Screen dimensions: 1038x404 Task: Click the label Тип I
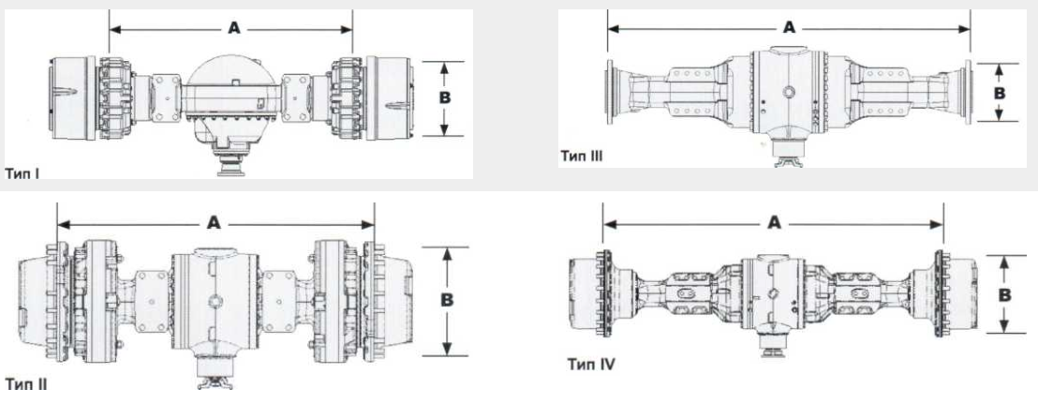[23, 174]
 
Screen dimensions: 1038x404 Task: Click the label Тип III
[581, 157]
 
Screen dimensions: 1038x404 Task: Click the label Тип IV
[591, 364]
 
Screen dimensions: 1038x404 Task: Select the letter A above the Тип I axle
[233, 28]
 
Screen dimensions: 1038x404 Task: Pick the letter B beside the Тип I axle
[445, 97]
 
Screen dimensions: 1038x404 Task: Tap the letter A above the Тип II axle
[214, 223]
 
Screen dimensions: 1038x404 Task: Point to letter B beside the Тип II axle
[448, 300]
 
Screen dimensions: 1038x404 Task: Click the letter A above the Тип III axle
[788, 28]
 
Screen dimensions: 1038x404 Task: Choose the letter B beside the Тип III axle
[1000, 93]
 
